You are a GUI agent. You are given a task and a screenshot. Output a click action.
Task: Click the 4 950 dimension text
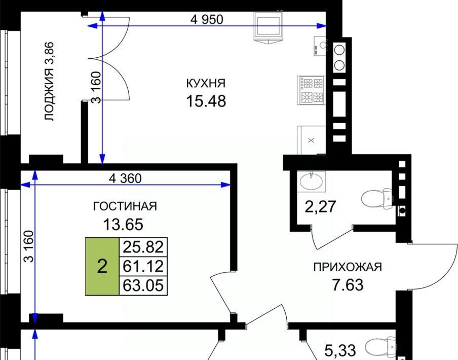click(207, 20)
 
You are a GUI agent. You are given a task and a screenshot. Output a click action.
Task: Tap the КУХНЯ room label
click(206, 83)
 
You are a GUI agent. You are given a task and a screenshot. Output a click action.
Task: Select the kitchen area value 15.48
click(206, 101)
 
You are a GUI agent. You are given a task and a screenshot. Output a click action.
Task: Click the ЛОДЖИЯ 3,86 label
click(49, 82)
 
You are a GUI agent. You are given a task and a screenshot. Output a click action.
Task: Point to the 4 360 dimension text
click(125, 178)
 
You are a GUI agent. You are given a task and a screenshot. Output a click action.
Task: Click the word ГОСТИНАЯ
click(125, 206)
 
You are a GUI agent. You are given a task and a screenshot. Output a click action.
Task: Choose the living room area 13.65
click(123, 225)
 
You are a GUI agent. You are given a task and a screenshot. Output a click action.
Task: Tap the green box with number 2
click(102, 266)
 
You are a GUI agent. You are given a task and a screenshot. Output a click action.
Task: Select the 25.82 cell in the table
click(143, 247)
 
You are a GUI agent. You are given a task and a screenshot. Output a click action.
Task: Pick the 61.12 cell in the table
click(143, 266)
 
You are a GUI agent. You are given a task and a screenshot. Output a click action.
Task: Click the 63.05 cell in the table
click(143, 285)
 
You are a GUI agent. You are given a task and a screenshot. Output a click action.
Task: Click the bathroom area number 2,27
click(320, 206)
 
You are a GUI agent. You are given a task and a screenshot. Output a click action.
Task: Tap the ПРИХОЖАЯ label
click(348, 267)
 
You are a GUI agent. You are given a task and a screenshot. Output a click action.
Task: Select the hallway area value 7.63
click(348, 285)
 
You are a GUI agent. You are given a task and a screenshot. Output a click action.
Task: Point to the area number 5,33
click(340, 350)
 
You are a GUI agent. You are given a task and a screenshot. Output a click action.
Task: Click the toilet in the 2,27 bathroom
click(377, 198)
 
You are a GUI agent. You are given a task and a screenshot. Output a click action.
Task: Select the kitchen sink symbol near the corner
click(320, 46)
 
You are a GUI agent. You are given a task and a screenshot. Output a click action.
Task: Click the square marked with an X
click(312, 140)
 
